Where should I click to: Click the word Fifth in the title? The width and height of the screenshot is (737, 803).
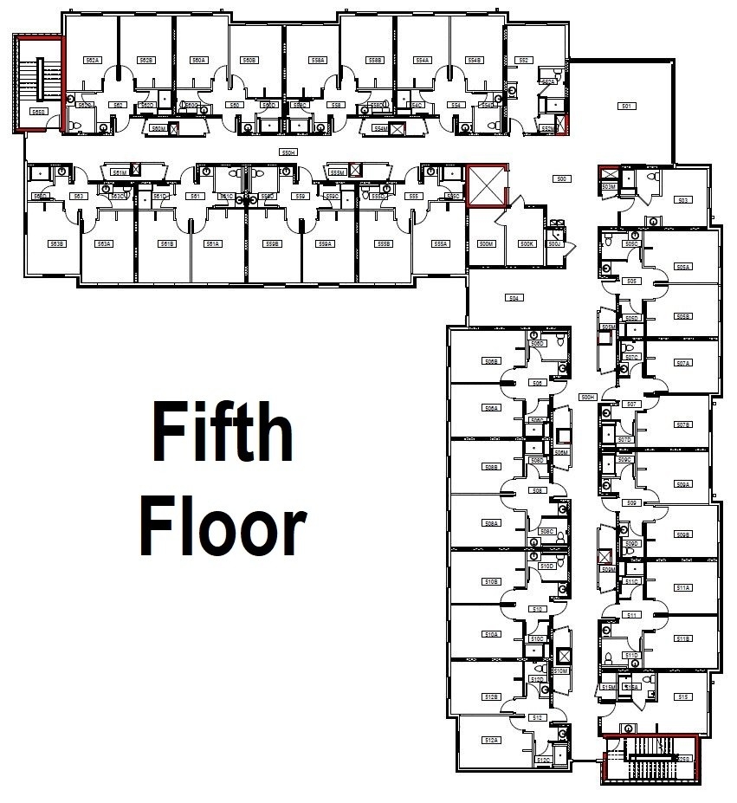223,432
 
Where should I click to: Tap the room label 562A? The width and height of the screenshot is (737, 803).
93,60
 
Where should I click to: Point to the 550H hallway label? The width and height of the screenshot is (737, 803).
288,152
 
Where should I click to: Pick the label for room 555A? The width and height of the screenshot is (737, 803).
441,244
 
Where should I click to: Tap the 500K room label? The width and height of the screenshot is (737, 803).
527,244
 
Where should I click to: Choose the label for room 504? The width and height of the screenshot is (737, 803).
514,298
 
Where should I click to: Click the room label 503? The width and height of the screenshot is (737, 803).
683,200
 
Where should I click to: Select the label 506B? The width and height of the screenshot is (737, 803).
492,360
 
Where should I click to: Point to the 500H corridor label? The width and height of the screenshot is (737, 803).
588,397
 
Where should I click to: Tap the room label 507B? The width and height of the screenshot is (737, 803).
683,424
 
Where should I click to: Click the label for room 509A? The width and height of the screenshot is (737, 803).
683,484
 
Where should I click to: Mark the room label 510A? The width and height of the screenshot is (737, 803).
492,634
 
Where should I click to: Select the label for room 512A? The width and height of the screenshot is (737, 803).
492,740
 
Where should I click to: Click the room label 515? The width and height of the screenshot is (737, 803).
683,696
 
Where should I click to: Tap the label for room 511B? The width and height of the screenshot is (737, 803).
683,638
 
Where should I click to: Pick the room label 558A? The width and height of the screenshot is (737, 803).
319,60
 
